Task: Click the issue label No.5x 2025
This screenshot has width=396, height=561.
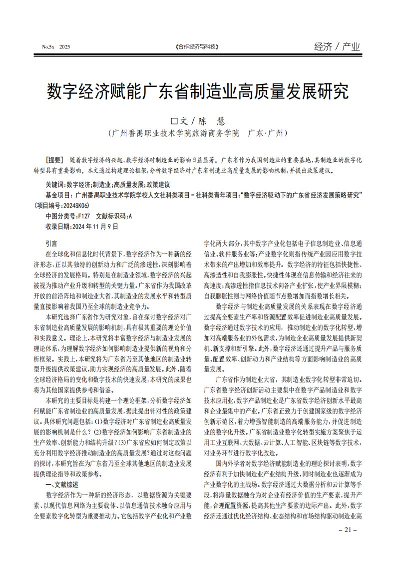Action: coord(56,47)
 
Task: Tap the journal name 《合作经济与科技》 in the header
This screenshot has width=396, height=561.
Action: coord(198,47)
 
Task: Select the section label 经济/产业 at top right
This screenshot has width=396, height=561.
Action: coord(337,47)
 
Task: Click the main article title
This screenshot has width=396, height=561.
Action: coord(198,92)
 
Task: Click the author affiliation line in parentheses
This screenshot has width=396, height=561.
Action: coord(198,134)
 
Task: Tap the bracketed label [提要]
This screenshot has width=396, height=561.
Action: coord(55,160)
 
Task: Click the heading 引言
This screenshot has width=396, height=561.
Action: coord(51,243)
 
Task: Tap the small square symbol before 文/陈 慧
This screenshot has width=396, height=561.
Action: coord(174,121)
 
